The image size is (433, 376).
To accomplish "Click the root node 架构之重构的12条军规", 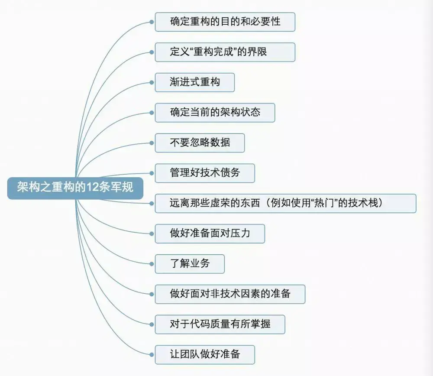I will (x=75, y=188).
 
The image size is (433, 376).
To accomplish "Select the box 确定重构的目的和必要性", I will (x=225, y=22).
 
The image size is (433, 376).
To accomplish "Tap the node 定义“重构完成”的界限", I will (x=225, y=52).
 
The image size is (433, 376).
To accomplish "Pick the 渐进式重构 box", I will (x=195, y=82).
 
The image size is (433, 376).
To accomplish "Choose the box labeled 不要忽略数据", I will (x=200, y=143).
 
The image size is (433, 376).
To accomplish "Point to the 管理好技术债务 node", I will (x=205, y=173).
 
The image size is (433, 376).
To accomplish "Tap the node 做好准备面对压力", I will (x=210, y=233).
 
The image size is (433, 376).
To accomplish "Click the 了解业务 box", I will (x=190, y=264).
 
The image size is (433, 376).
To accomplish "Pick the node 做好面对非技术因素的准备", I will (x=230, y=294).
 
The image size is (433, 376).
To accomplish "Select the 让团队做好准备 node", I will (x=205, y=354).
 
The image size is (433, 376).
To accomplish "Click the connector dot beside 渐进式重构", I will (x=152, y=82).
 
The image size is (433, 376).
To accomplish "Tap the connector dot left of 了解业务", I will (x=152, y=264).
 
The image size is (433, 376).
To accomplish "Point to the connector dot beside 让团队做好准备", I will (x=152, y=354).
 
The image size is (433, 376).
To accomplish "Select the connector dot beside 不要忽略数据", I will (x=152, y=143).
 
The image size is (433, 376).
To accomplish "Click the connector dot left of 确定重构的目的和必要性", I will (x=152, y=22).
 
